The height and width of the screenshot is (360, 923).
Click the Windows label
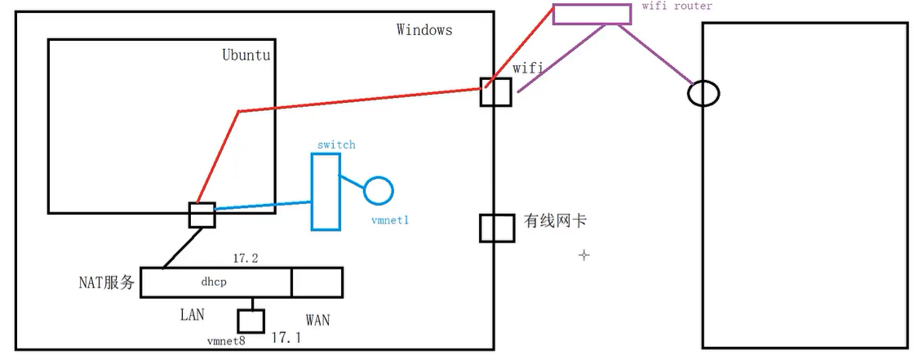pyautogui.click(x=424, y=30)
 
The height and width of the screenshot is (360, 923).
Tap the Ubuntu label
pyautogui.click(x=246, y=56)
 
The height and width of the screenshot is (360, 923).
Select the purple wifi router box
pyautogui.click(x=592, y=14)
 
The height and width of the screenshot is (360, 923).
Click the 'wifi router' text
pyautogui.click(x=677, y=6)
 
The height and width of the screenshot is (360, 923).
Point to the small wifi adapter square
pyautogui.click(x=495, y=91)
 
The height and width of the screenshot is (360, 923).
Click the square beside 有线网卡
pyautogui.click(x=496, y=228)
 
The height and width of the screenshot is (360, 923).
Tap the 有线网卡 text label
pyautogui.click(x=555, y=221)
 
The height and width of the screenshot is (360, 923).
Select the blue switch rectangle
pyautogui.click(x=325, y=192)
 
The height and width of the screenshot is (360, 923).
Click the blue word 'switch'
pyautogui.click(x=336, y=144)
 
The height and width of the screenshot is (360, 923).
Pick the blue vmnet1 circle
pyautogui.click(x=379, y=189)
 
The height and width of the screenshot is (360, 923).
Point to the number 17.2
pyautogui.click(x=245, y=258)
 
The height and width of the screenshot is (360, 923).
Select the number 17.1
pyautogui.click(x=286, y=336)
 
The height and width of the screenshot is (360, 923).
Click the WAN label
pyautogui.click(x=317, y=319)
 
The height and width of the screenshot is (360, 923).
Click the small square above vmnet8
pyautogui.click(x=251, y=320)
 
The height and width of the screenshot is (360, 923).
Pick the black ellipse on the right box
pyautogui.click(x=703, y=93)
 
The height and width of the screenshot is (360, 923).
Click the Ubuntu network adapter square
pyautogui.click(x=202, y=215)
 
